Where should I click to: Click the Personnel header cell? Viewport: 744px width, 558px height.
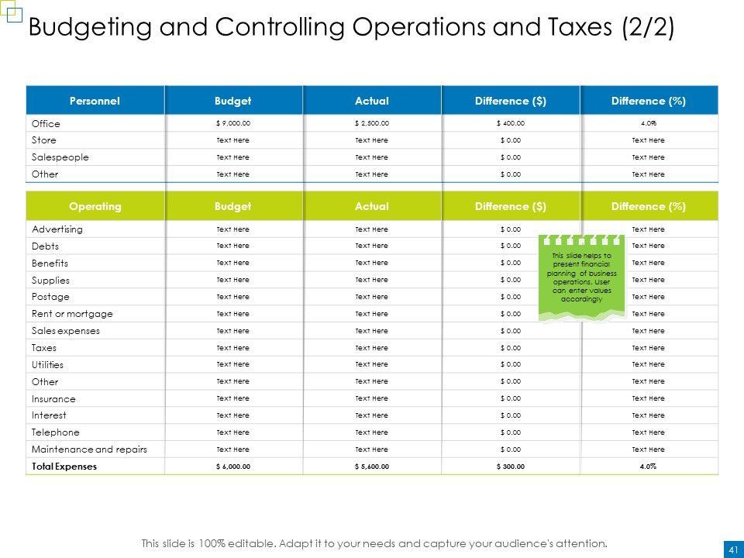[x=95, y=101]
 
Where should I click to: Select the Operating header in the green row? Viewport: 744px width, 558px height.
[x=95, y=206]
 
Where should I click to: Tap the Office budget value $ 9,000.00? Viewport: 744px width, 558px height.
[x=232, y=123]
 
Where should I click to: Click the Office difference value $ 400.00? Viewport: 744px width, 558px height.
[x=510, y=123]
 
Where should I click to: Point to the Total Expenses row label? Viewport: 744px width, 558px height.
[x=64, y=467]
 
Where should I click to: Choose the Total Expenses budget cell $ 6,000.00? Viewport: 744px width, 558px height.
[x=232, y=467]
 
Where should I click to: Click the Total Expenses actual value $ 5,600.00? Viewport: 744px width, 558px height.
[x=371, y=467]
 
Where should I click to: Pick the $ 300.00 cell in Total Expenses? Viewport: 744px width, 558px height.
[x=510, y=467]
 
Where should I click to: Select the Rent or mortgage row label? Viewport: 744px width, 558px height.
[x=72, y=314]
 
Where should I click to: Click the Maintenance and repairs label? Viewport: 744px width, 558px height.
[x=89, y=449]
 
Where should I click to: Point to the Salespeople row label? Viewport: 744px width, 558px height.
[x=60, y=157]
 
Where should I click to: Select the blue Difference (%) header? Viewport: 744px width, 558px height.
[x=649, y=101]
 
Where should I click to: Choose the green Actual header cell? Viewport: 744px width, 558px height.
[x=371, y=206]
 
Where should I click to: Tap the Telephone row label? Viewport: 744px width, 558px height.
[x=56, y=432]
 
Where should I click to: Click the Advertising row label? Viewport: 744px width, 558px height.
[x=57, y=230]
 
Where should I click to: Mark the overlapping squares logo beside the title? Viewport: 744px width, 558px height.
[x=12, y=15]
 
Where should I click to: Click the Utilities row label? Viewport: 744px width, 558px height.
[x=48, y=365]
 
